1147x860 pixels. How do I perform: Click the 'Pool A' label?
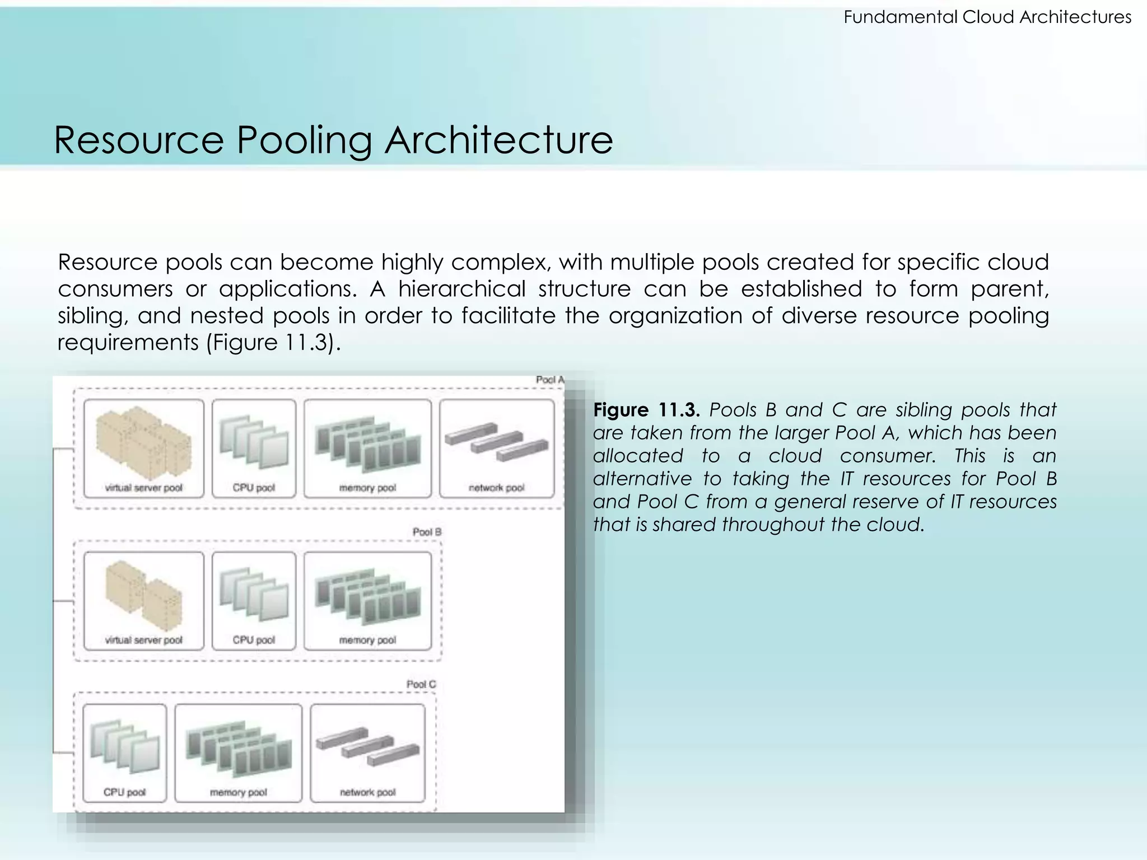(x=549, y=380)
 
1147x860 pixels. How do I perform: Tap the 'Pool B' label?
(x=427, y=532)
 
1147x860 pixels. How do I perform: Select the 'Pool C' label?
(x=421, y=684)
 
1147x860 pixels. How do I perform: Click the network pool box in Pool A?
(x=497, y=448)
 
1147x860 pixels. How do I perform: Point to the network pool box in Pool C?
(x=367, y=753)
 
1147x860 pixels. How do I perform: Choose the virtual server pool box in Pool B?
(x=144, y=601)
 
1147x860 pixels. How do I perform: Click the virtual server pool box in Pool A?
(x=144, y=448)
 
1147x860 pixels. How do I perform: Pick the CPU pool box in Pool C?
(x=124, y=753)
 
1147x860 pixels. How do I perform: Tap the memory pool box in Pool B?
(x=367, y=601)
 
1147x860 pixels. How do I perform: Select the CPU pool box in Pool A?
(x=254, y=448)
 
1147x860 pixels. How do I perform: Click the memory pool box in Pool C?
(x=238, y=753)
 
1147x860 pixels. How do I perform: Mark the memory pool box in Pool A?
(x=367, y=448)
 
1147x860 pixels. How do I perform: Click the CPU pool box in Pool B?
(x=254, y=601)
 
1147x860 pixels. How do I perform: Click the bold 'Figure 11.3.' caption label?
(x=646, y=410)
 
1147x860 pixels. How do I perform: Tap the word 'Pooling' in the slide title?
(x=304, y=140)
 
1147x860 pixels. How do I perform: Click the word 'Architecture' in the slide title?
(x=498, y=140)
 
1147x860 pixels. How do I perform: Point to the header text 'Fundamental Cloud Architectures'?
(x=987, y=17)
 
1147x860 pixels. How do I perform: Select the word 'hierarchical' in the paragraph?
(x=462, y=289)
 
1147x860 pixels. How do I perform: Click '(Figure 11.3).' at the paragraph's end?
(x=273, y=343)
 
